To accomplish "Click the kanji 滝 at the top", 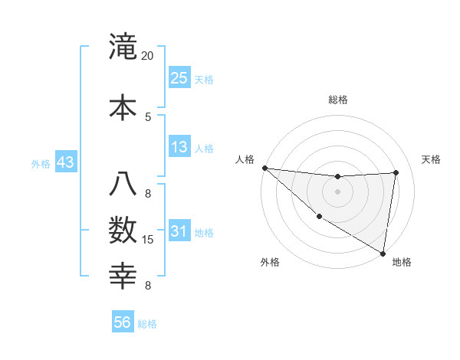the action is pos(122,47).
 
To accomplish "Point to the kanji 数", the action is pos(122,231).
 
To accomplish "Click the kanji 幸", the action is pos(122,275).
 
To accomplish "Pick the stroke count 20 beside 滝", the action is pos(147,56).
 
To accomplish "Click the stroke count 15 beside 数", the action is pos(148,240).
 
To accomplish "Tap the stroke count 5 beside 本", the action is pos(147,116).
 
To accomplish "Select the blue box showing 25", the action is pos(179,77).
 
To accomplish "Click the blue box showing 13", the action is pos(179,147).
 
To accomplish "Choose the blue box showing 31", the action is pos(179,232).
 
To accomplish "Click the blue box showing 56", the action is pos(122,322).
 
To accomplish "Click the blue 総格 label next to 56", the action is pos(147,324).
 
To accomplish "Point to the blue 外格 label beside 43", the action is pos(41,164).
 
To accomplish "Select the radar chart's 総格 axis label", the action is pos(337,100).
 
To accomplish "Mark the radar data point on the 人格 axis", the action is pos(264,168).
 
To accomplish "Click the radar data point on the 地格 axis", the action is pos(383,253).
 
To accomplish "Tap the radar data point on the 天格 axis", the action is pos(396,172).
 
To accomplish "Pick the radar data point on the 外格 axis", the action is pos(319,217).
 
